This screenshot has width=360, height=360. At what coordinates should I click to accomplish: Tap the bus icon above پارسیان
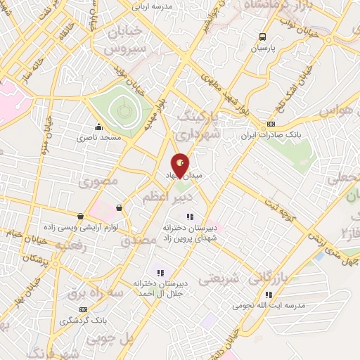tap(262, 37)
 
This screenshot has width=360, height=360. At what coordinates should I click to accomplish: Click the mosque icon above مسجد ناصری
tap(98, 127)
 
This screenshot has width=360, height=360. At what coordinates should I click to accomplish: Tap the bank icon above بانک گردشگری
tap(84, 309)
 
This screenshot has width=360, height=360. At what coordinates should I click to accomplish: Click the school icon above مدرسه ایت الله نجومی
tap(268, 294)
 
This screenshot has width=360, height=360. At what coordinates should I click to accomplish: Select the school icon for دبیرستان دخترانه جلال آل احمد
tap(160, 272)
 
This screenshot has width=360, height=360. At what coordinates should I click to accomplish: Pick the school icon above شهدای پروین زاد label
tap(188, 217)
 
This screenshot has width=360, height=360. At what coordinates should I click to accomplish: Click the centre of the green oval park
tap(123, 110)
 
